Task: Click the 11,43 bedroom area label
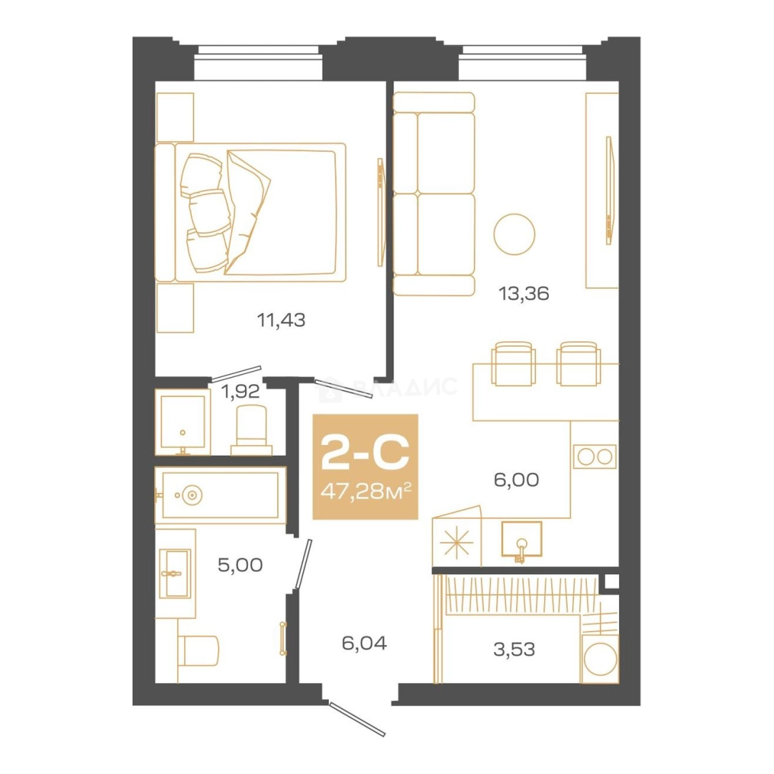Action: (281, 320)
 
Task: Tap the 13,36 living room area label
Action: (524, 294)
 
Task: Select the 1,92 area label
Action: (240, 392)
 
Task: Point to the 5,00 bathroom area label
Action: (240, 565)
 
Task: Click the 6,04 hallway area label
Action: (364, 643)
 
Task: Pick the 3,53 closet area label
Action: (514, 649)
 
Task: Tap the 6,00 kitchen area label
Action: (516, 479)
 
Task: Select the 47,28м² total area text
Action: (365, 492)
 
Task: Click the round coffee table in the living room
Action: (515, 234)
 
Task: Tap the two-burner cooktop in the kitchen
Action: (595, 457)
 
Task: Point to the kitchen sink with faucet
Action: (521, 540)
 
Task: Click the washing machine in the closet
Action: (600, 659)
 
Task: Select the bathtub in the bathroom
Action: (221, 495)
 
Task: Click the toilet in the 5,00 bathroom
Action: (198, 650)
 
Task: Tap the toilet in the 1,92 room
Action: (252, 429)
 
